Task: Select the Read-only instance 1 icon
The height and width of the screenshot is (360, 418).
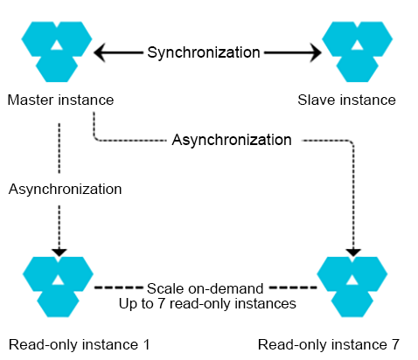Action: [57, 285]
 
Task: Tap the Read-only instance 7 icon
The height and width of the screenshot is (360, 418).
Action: [353, 285]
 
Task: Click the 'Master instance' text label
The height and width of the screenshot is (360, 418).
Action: [59, 100]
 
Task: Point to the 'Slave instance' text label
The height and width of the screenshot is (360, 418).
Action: [359, 100]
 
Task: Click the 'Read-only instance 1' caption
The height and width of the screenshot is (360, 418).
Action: [79, 343]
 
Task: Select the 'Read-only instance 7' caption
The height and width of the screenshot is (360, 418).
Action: [335, 343]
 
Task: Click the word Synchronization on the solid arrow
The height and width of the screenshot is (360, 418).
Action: [203, 52]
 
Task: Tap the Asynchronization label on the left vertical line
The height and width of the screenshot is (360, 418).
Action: [66, 189]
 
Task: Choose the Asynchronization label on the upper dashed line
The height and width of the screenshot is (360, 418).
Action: [232, 140]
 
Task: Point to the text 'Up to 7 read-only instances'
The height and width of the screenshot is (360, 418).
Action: [207, 303]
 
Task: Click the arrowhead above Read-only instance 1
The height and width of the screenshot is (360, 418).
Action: [59, 251]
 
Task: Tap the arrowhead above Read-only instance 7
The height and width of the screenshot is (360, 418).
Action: [353, 251]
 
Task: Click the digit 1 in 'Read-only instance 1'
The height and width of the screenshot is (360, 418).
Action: [145, 343]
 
